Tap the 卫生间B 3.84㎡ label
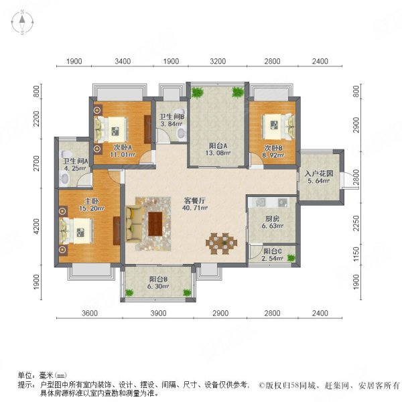point(171,120)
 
